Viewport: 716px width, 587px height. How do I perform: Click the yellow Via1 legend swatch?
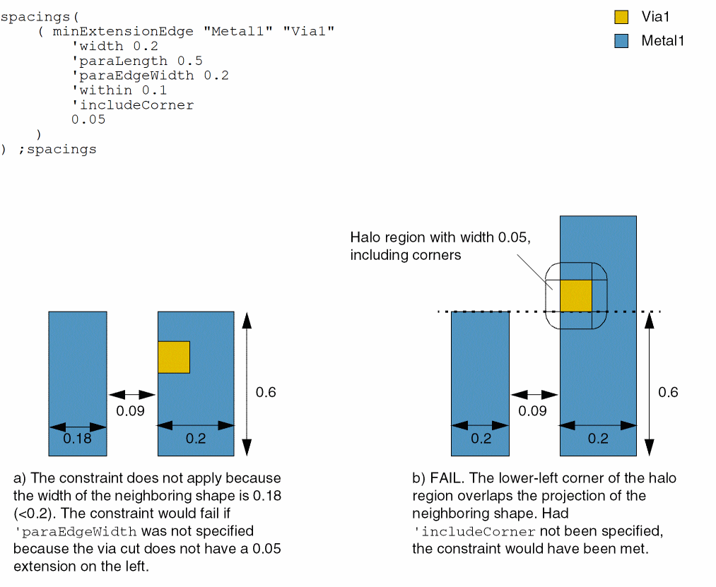(622, 17)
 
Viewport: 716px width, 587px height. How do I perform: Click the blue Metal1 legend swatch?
(622, 41)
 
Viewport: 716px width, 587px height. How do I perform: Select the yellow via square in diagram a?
(174, 357)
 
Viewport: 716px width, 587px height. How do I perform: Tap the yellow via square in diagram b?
(575, 296)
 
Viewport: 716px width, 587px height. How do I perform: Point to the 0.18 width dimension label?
(77, 439)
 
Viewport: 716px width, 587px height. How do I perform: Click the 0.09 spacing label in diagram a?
(131, 410)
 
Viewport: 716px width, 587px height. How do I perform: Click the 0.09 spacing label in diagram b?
(533, 411)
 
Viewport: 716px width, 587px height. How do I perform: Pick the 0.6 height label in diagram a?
(266, 392)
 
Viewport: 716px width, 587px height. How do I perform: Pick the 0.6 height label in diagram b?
(668, 392)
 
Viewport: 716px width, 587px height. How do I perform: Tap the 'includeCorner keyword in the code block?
(132, 105)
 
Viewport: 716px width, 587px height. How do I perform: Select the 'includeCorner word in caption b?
(474, 530)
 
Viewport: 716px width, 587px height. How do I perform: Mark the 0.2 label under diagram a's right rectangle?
(196, 439)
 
